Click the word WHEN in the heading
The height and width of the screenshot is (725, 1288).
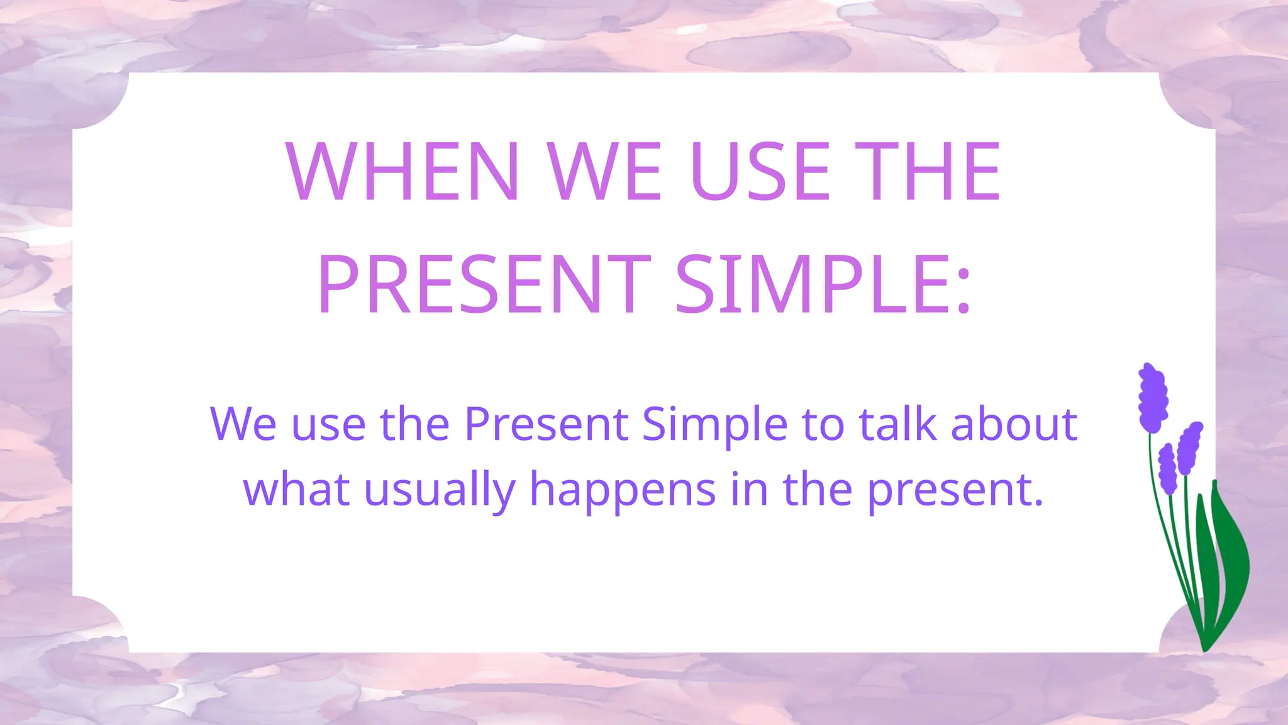tap(403, 171)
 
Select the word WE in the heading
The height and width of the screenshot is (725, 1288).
tap(604, 171)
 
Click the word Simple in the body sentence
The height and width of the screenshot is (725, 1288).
tap(714, 424)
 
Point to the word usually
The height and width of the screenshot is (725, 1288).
tap(440, 490)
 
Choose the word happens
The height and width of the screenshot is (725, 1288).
tap(623, 490)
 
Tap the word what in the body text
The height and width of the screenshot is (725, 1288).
tap(296, 490)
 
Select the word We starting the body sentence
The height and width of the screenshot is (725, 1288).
tap(243, 424)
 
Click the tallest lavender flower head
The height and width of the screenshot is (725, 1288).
tap(1153, 398)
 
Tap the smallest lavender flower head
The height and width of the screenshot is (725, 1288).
tap(1168, 469)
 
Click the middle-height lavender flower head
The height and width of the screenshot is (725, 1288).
tap(1189, 447)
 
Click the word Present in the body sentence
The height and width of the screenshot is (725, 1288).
tap(546, 424)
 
